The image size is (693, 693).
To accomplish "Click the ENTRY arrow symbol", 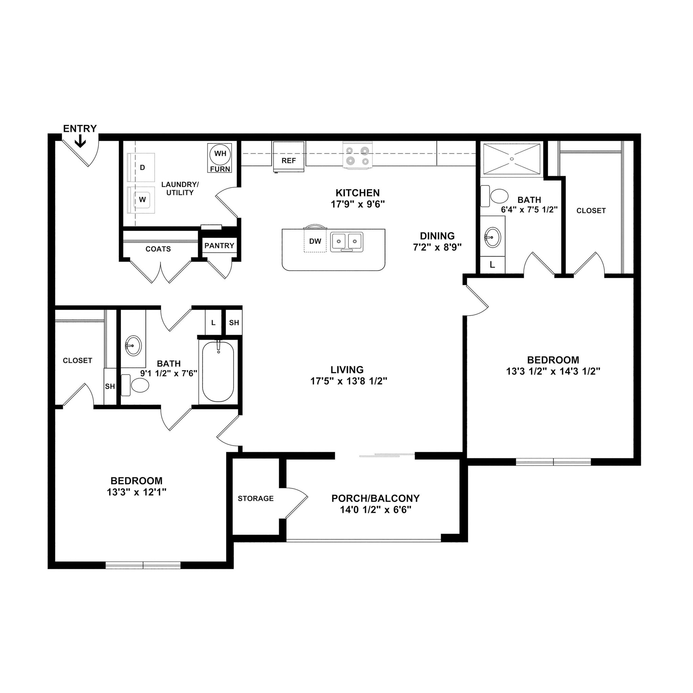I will pos(80,141).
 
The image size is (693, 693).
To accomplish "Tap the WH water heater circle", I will pos(220,154).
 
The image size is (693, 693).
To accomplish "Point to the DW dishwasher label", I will pos(315,241).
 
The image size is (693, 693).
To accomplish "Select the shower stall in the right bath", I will pos(512,159).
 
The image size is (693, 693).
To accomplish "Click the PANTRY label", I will pos(219,246).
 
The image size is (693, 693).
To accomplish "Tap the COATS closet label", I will pos(158,249).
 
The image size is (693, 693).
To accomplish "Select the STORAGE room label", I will pos(255,498).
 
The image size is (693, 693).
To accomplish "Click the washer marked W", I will pos(142,200).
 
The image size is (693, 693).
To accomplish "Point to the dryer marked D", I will pos(142,167).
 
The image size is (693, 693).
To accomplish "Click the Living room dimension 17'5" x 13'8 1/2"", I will pos(349,381).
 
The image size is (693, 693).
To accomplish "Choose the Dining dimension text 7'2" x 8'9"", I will pos(437,247).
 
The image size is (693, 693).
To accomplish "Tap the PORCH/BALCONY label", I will pos(375,498).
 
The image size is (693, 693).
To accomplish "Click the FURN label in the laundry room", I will pos(220,169).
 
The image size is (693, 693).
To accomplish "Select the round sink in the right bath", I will pos(492,238).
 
